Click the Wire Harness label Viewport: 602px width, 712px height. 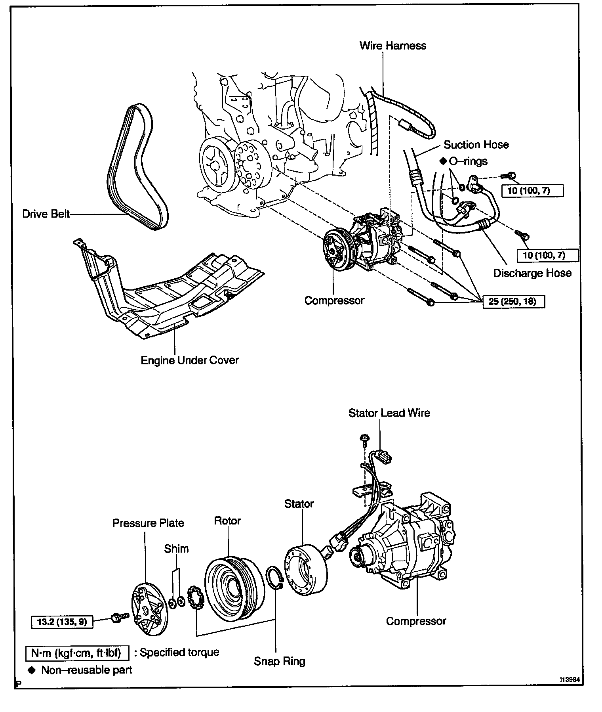(392, 46)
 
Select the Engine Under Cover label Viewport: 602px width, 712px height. (190, 360)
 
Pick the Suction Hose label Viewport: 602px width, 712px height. (476, 145)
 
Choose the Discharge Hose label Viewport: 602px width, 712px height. (532, 273)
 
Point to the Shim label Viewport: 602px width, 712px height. (176, 549)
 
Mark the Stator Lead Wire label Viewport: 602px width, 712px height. (389, 413)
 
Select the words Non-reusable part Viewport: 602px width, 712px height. (86, 670)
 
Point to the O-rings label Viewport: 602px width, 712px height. (468, 161)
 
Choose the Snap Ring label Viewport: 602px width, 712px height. (280, 661)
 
